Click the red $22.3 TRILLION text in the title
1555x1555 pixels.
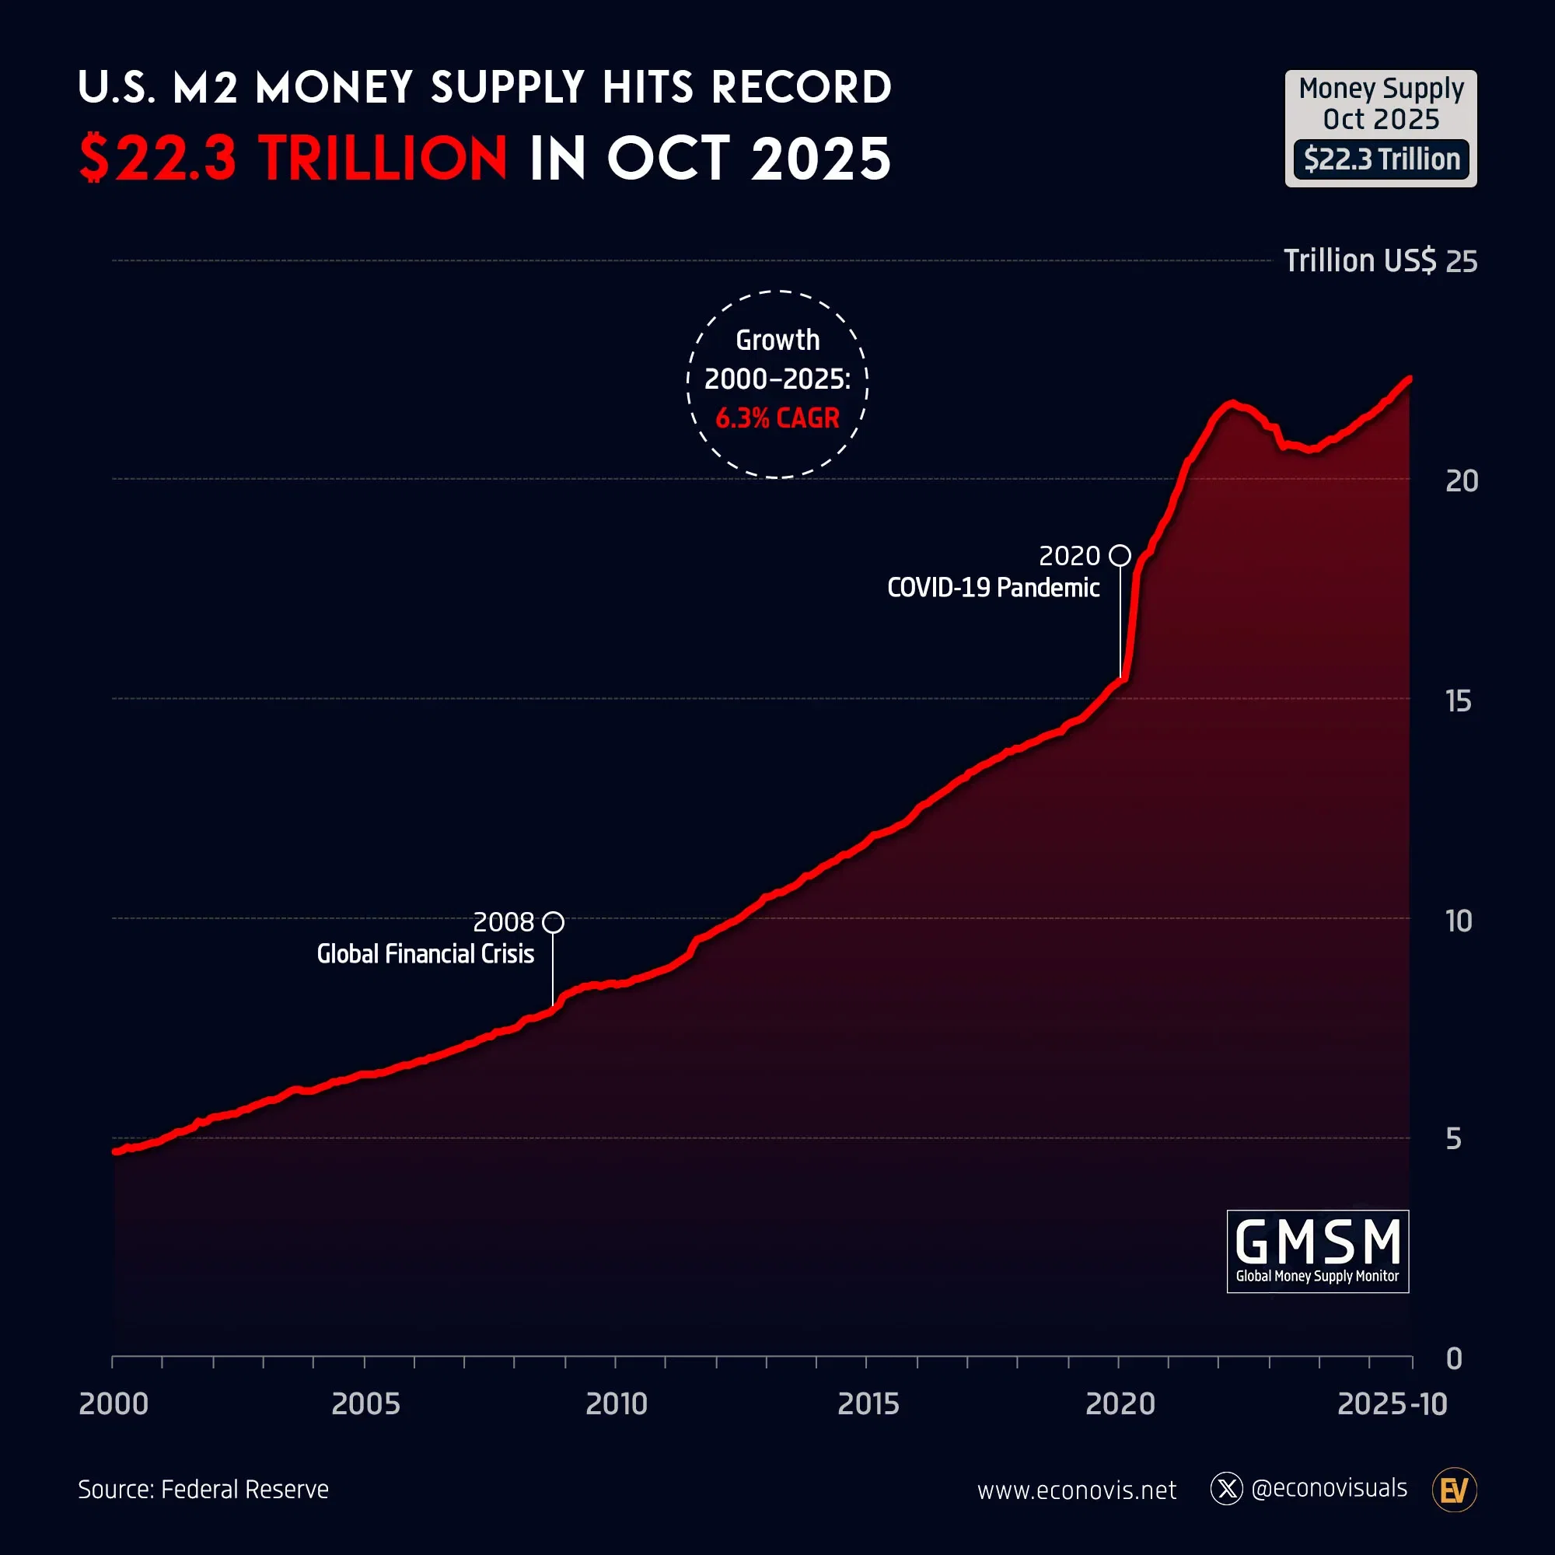[x=293, y=158]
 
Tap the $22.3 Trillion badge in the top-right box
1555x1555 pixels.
[x=1381, y=159]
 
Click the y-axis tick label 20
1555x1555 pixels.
[x=1462, y=481]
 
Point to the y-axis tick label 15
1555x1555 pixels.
[x=1459, y=701]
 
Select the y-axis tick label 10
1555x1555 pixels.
[x=1459, y=921]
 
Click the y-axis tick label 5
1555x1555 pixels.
[x=1454, y=1139]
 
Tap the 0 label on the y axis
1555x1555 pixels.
[x=1454, y=1358]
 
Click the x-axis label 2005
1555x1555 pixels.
[x=365, y=1404]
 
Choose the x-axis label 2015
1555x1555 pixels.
[x=868, y=1404]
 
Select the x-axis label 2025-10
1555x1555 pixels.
[x=1392, y=1404]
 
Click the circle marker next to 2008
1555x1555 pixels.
[x=553, y=922]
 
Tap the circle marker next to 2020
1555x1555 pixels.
[x=1120, y=555]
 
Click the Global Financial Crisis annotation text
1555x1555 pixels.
[x=425, y=954]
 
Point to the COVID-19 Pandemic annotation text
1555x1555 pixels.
[x=992, y=588]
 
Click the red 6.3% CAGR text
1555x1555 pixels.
[x=777, y=418]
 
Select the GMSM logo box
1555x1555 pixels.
[x=1318, y=1252]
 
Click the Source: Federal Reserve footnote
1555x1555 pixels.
[x=203, y=1489]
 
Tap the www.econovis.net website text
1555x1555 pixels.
[x=1076, y=1490]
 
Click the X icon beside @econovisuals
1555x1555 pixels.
[x=1227, y=1489]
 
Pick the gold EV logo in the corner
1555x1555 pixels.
[x=1454, y=1490]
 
